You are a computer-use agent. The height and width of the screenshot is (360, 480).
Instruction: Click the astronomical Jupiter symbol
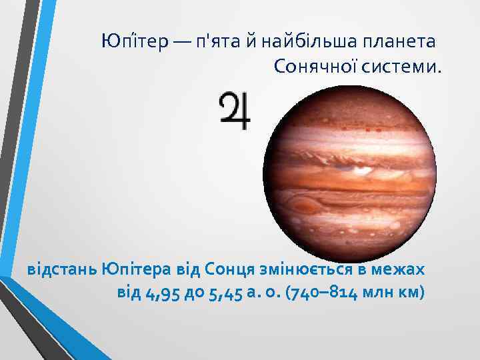[235, 111]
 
